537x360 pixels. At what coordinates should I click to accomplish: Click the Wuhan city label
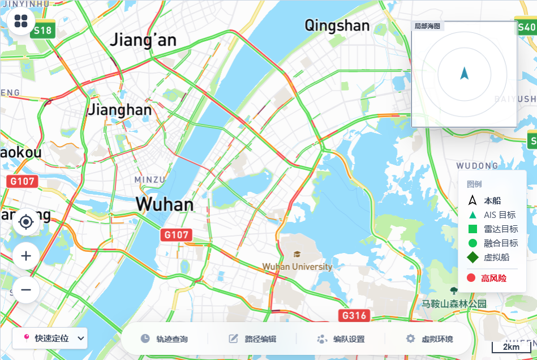point(165,204)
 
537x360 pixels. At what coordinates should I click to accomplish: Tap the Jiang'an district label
point(143,40)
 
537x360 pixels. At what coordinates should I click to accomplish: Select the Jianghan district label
point(120,109)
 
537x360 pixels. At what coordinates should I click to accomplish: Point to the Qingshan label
point(337,25)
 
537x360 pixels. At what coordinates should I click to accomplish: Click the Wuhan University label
point(298,266)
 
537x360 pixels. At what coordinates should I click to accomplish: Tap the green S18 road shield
point(42,31)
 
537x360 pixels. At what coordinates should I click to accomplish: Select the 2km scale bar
point(511,346)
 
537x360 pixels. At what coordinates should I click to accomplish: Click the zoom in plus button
point(26,256)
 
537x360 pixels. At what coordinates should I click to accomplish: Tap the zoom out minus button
point(26,290)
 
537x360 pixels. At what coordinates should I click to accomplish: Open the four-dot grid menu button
point(22,22)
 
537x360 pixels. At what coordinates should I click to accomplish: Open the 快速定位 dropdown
point(50,338)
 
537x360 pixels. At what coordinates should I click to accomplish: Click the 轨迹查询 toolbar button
point(164,339)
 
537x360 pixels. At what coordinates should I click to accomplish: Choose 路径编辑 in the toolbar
point(252,339)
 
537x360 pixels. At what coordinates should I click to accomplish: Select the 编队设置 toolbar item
point(341,339)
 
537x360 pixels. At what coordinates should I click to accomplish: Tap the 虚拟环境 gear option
point(429,339)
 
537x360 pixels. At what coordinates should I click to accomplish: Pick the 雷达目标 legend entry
point(492,229)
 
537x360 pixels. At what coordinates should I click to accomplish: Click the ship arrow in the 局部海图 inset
point(465,73)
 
